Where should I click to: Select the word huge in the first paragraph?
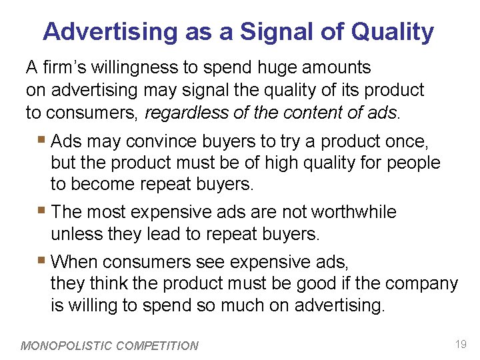243,67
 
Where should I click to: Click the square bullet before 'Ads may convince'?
43,141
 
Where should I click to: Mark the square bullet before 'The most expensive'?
43,211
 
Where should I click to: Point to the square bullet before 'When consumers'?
43,261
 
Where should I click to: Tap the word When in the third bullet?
74,261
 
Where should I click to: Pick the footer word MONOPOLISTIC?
67,346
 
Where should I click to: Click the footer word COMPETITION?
157,346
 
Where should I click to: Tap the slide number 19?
460,344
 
